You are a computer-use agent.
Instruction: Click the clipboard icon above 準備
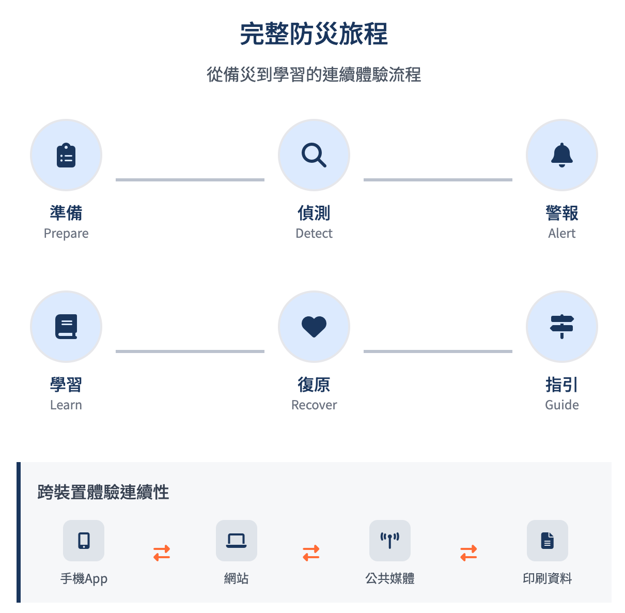click(66, 155)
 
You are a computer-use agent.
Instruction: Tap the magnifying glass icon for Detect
click(314, 155)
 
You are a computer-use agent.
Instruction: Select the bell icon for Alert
click(562, 155)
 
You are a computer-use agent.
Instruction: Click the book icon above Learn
click(66, 327)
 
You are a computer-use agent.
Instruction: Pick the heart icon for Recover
click(314, 327)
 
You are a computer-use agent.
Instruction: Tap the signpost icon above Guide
click(562, 327)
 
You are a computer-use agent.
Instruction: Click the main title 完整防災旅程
click(314, 34)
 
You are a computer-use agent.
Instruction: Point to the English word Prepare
click(66, 234)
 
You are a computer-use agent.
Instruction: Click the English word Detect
click(314, 234)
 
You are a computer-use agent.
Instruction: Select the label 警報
click(562, 213)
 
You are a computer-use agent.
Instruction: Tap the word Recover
click(314, 405)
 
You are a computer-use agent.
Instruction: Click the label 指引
click(562, 385)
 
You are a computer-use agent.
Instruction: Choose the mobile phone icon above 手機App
click(84, 541)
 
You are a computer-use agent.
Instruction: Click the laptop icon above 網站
click(237, 541)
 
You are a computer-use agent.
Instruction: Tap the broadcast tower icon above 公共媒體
click(390, 541)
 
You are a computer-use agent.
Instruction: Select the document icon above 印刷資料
click(548, 541)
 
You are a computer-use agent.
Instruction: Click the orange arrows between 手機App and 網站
click(162, 553)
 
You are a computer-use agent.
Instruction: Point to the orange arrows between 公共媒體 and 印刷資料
click(468, 553)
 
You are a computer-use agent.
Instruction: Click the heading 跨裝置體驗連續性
click(103, 492)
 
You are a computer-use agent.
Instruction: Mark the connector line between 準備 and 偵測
click(190, 180)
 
